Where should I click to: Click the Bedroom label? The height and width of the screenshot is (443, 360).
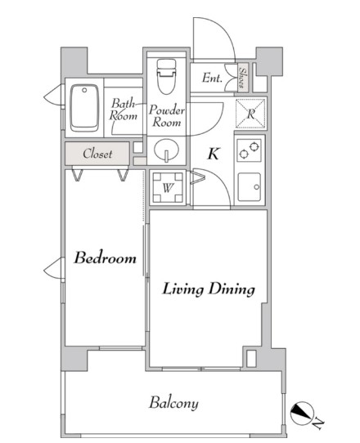(105, 257)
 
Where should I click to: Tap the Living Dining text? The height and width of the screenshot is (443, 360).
(209, 289)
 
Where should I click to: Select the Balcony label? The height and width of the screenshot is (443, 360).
(173, 403)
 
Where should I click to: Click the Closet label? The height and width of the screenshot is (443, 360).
(97, 154)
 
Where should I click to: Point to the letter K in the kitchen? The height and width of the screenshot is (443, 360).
(214, 154)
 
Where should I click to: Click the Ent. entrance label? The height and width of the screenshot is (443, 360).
(212, 78)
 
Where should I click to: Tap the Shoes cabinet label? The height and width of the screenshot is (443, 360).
(242, 77)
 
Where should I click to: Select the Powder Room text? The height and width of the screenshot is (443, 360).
(167, 116)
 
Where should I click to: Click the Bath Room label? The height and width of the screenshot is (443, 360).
(124, 110)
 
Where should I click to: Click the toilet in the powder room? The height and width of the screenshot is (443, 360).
(167, 76)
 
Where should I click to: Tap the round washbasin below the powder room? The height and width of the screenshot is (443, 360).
(167, 150)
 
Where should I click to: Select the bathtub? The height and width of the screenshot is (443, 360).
(84, 108)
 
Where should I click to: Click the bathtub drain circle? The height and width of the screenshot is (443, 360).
(84, 90)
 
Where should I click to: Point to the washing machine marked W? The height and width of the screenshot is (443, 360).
(168, 187)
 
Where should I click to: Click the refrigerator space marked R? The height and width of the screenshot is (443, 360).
(251, 114)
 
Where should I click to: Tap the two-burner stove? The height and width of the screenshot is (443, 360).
(250, 150)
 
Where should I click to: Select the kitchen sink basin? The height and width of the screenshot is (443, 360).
(250, 187)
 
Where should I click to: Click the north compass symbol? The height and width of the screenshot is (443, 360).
(302, 413)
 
